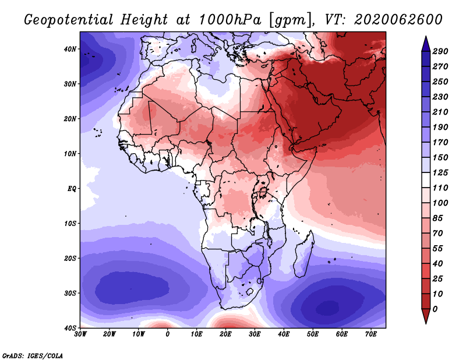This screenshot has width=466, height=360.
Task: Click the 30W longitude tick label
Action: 80,334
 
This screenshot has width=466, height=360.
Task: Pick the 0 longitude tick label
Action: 168,334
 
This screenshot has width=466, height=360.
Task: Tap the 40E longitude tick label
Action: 284,334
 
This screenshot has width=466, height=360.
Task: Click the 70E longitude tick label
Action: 370,334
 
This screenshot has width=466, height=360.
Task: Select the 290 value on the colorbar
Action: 440,51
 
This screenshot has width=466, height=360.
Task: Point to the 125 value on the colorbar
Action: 440,172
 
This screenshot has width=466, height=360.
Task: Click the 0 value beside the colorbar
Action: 435,309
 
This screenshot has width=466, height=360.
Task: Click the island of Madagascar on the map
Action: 303,255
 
